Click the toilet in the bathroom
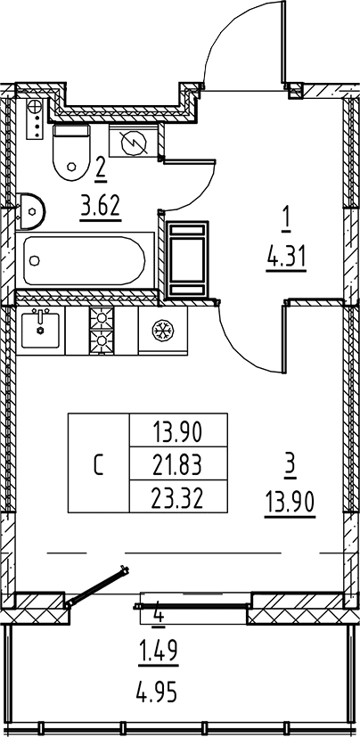pyautogui.click(x=71, y=151)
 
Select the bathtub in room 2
pyautogui.click(x=85, y=260)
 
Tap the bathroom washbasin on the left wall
pyautogui.click(x=30, y=211)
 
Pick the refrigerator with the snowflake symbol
pyautogui.click(x=163, y=331)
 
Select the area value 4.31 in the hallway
pyautogui.click(x=286, y=258)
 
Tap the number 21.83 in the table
pyautogui.click(x=177, y=465)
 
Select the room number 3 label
pyautogui.click(x=290, y=467)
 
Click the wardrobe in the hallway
pyautogui.click(x=187, y=260)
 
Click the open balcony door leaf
pyautogui.click(x=97, y=586)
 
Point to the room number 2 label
pyautogui.click(x=100, y=167)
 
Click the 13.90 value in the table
pyautogui.click(x=177, y=431)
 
